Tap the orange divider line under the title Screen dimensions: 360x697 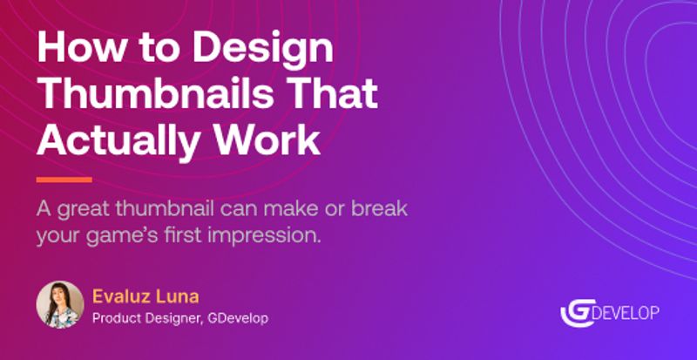(x=64, y=180)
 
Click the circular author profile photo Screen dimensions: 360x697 (x=60, y=304)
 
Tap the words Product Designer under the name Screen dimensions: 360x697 (x=145, y=317)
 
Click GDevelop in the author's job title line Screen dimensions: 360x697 (x=237, y=317)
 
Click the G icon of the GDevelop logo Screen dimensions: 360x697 (x=576, y=311)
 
